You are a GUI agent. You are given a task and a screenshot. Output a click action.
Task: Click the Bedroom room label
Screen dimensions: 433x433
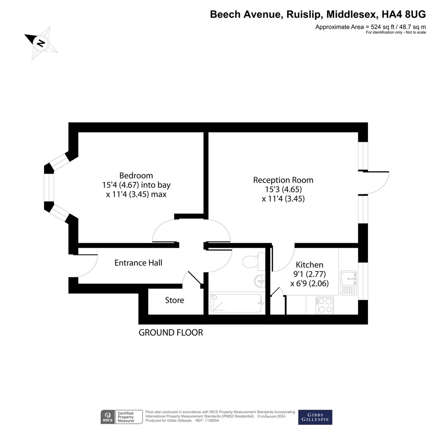click(x=136, y=175)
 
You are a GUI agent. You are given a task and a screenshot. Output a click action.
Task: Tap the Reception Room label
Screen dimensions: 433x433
click(x=283, y=180)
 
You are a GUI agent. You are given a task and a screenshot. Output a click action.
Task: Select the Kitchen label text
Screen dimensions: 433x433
click(x=309, y=265)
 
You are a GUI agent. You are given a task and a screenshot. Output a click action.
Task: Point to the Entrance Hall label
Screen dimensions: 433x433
click(x=138, y=263)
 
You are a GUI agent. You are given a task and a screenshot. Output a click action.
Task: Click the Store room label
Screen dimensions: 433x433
click(x=175, y=300)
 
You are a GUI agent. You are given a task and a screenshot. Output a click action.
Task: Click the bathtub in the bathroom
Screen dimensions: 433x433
click(x=236, y=303)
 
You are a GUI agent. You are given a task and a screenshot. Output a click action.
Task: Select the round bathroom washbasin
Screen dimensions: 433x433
click(x=260, y=281)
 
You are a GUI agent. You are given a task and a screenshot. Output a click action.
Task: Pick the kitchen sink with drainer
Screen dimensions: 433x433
click(x=348, y=283)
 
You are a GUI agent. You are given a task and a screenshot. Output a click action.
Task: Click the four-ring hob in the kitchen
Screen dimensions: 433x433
click(x=325, y=305)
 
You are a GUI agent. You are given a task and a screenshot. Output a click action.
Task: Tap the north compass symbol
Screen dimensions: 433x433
click(x=41, y=43)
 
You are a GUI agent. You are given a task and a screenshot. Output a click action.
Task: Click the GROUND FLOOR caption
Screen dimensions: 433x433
click(x=171, y=333)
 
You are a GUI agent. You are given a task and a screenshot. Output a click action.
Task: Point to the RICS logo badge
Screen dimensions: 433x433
click(x=108, y=417)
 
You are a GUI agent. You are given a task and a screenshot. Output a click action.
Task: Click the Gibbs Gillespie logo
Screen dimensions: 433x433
click(x=315, y=417)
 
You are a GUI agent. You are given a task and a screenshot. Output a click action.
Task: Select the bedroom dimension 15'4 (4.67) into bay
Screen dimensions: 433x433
click(x=137, y=185)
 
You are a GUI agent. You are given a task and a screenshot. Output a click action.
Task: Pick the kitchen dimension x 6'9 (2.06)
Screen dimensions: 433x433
click(x=310, y=284)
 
